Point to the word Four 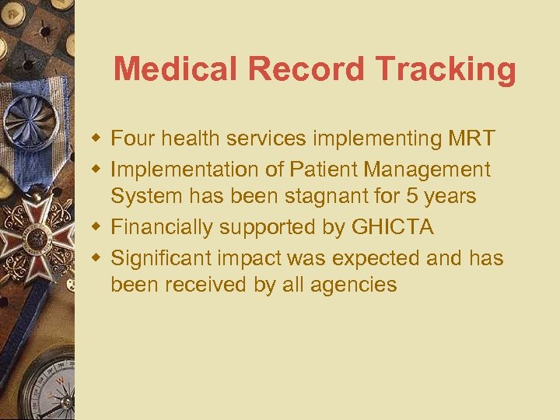point(132,139)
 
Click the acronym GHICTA point(393,227)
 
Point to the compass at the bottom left point(43,389)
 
